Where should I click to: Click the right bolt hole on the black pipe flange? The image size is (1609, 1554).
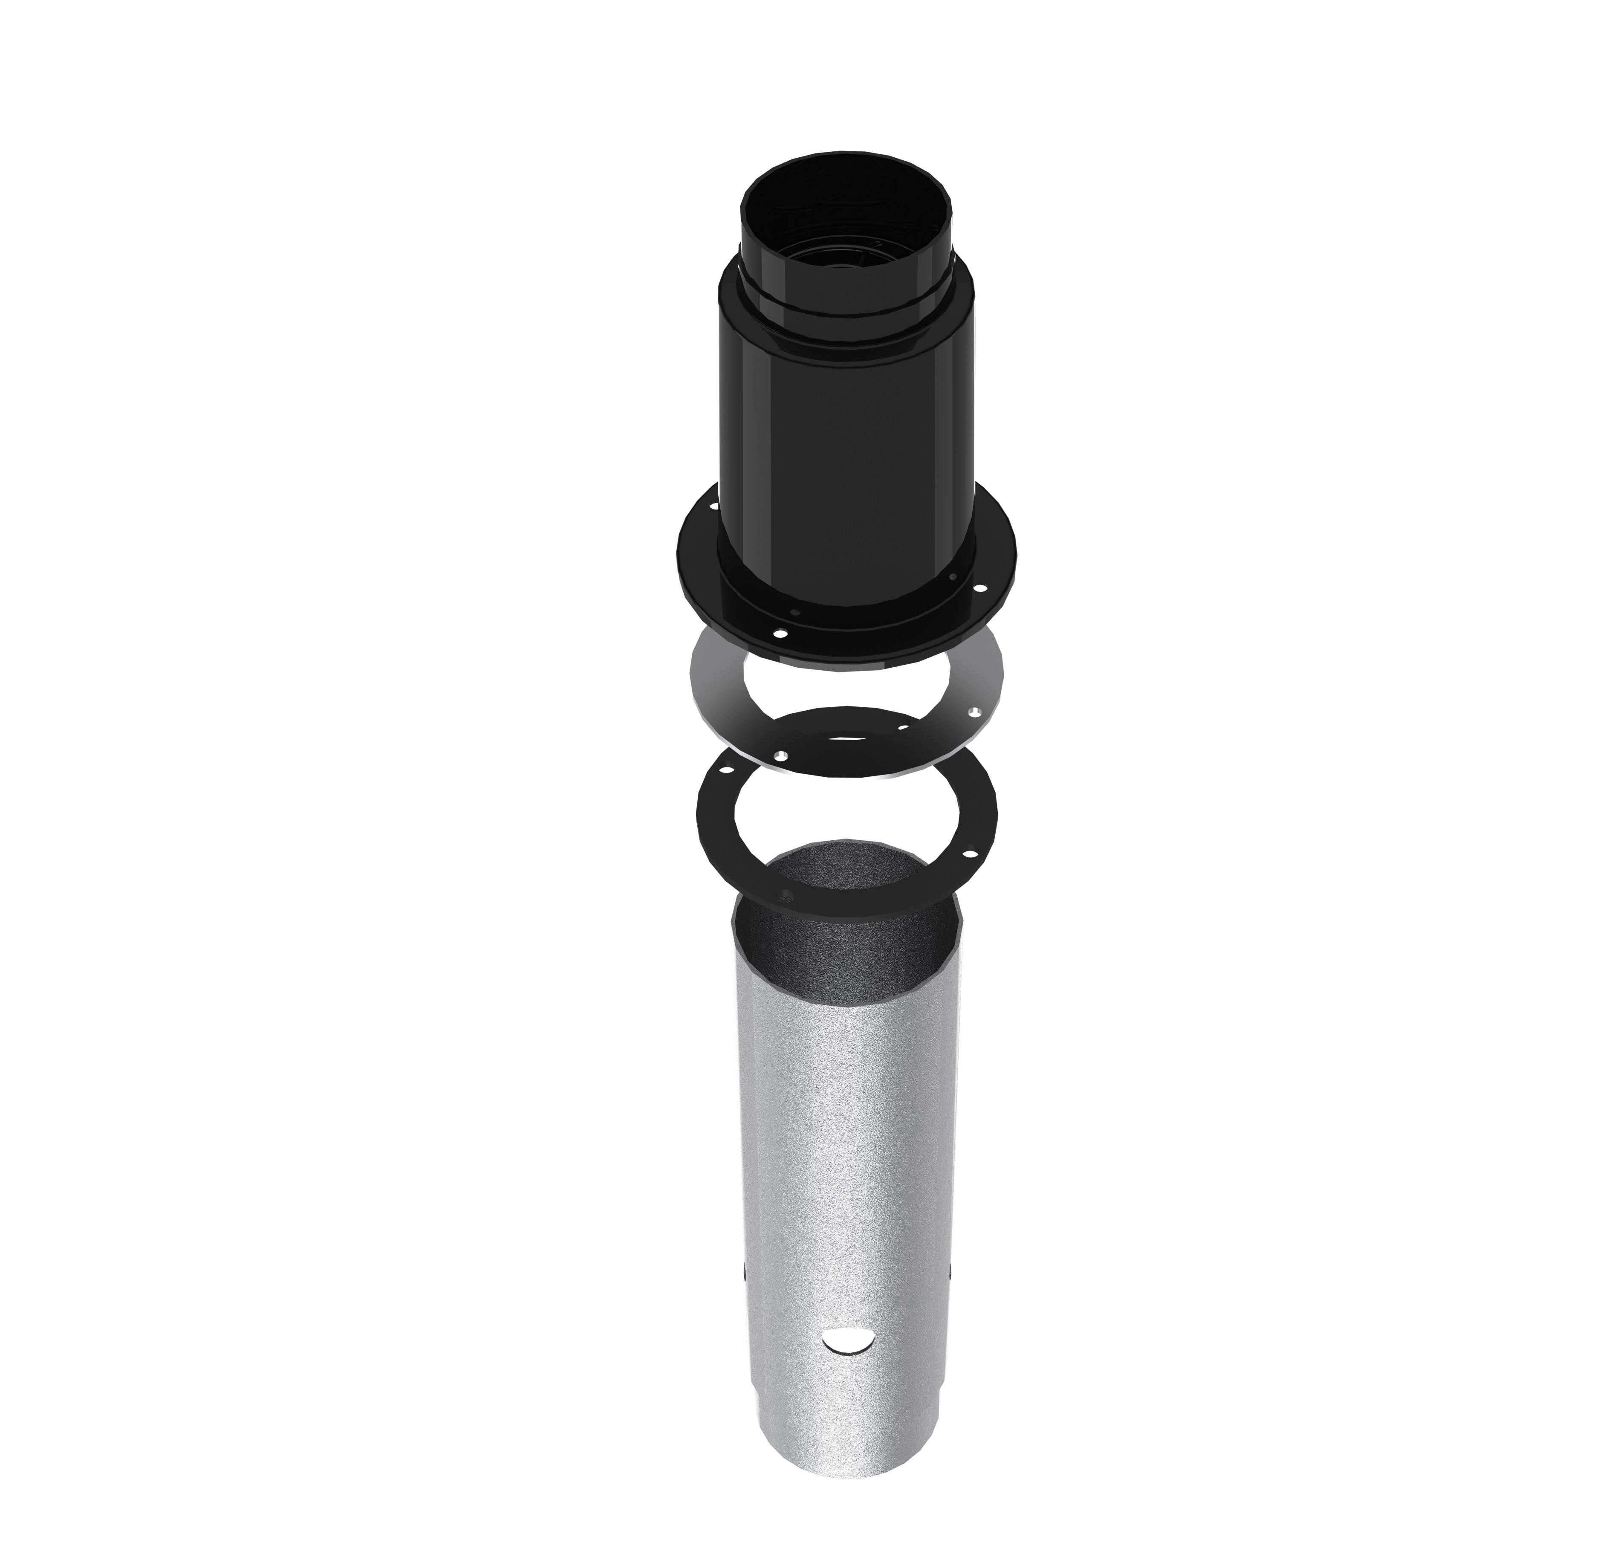[979, 588]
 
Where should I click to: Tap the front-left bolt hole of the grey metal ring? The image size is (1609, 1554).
[781, 755]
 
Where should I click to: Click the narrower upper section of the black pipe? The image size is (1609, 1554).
[846, 271]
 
